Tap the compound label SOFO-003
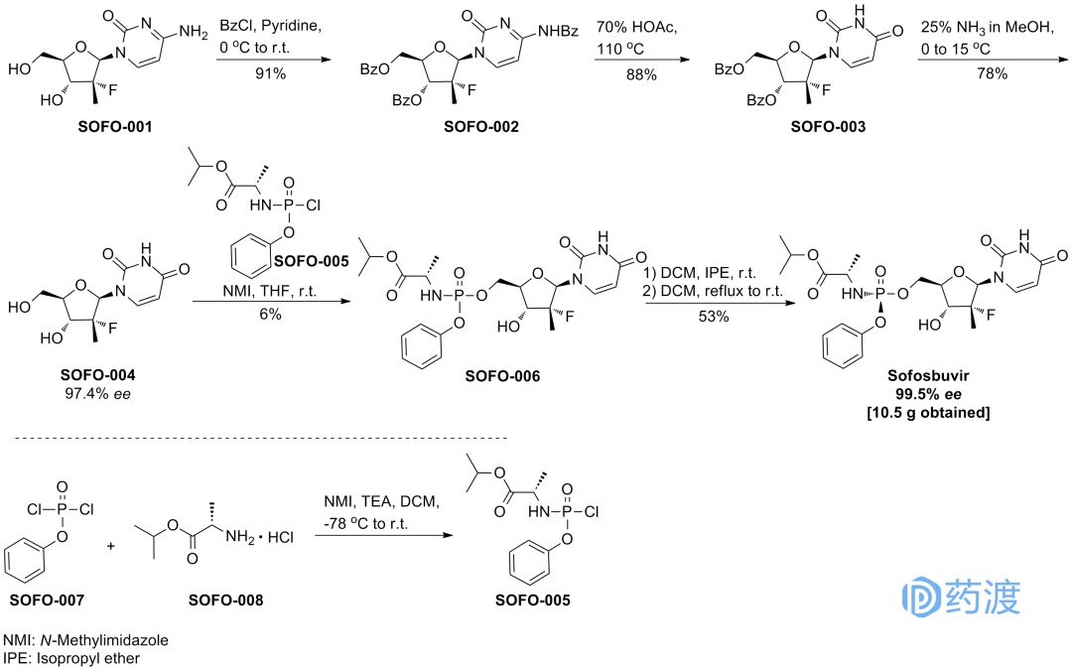[x=827, y=127]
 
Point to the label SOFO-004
[x=97, y=377]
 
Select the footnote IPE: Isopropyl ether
[x=71, y=657]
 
